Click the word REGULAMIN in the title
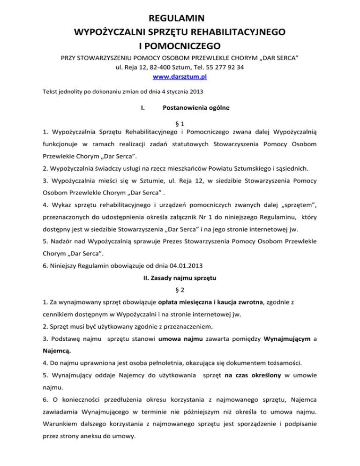click(x=180, y=19)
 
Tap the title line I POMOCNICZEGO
click(x=180, y=46)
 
